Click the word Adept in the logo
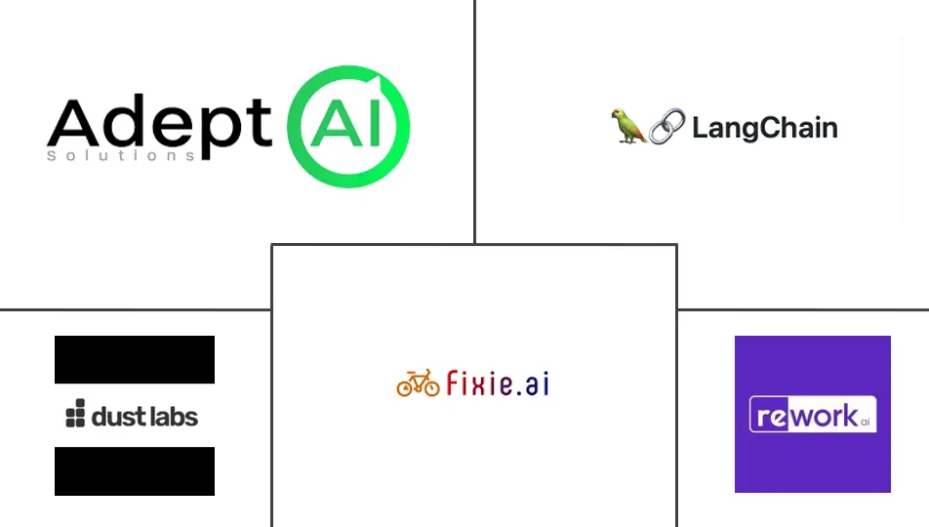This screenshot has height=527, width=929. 159,124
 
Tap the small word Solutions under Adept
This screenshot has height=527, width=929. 121,155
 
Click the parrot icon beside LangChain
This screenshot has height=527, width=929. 627,127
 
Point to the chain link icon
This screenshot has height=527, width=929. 667,127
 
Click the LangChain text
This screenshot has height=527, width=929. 764,128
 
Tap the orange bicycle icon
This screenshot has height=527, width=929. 418,384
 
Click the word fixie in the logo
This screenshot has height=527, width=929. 478,383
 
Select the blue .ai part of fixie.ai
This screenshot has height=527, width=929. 533,383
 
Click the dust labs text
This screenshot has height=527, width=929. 144,417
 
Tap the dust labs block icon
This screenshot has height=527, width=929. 75,417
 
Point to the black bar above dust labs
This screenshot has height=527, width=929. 135,359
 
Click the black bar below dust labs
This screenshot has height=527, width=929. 135,471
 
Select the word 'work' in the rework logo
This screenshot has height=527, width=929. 822,415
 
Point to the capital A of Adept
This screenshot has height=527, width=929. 73,124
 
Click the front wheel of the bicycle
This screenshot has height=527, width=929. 431,387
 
